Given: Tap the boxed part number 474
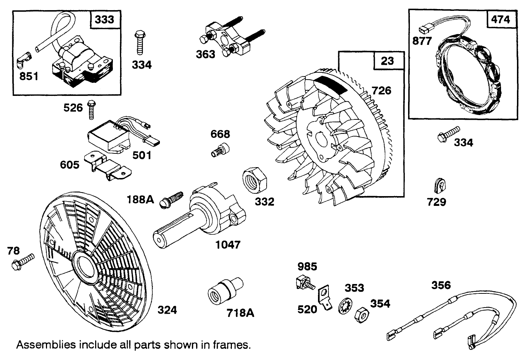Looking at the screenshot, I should pos(501,19).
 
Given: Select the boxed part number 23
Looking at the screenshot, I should pos(387,60).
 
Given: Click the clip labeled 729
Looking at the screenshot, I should pos(439,186).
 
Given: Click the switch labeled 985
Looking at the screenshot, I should pos(304,282).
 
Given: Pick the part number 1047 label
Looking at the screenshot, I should pos(228,245).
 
